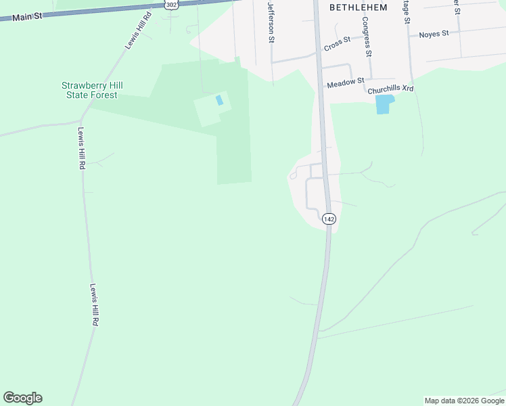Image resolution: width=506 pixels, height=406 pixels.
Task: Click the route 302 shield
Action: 170,5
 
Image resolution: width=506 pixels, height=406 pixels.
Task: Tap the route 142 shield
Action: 329,219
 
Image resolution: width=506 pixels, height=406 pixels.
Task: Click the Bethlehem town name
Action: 358,7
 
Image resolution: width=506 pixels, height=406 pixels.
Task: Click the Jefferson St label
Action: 271,22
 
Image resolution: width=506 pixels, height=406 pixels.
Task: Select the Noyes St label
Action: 434,34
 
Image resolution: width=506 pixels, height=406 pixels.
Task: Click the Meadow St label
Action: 346,85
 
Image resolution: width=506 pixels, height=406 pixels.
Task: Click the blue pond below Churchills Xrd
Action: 384,104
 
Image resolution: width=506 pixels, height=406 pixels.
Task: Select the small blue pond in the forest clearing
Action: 218,100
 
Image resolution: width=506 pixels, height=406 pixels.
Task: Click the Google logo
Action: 22,398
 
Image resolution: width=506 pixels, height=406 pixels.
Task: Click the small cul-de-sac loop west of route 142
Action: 293,176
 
